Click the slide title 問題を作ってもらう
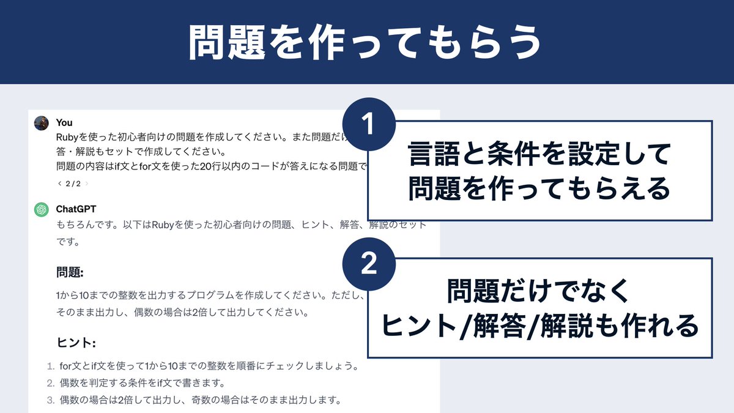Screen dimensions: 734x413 pos(365,42)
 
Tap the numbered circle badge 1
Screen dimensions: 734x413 pos(368,125)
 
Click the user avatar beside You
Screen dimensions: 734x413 pos(42,122)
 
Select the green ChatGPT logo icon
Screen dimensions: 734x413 pos(42,209)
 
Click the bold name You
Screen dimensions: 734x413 pos(64,123)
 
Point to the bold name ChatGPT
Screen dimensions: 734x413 pos(76,209)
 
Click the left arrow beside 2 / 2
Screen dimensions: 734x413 pos(59,183)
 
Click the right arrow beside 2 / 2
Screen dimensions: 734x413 pos(86,183)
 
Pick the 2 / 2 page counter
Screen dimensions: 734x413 pos(73,183)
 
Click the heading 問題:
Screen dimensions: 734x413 pos(70,272)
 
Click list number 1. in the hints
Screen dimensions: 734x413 pos(51,366)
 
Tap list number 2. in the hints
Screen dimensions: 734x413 pos(51,384)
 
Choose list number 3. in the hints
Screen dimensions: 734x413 pos(51,401)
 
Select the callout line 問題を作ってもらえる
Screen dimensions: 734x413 pos(540,188)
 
